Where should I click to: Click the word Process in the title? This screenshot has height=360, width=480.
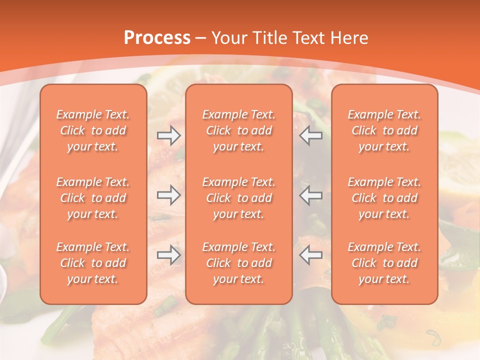pyautogui.click(x=157, y=38)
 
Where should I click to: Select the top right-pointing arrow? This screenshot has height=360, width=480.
pyautogui.click(x=169, y=135)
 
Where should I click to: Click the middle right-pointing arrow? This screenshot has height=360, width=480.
pyautogui.click(x=169, y=195)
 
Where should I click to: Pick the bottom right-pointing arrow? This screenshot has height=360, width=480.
pyautogui.click(x=169, y=255)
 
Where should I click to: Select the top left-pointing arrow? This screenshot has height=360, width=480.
pyautogui.click(x=310, y=135)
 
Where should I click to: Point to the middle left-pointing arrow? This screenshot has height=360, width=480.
pyautogui.click(x=310, y=195)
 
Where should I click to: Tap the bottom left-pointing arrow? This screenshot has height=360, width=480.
pyautogui.click(x=310, y=255)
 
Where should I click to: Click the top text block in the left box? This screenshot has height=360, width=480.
pyautogui.click(x=93, y=130)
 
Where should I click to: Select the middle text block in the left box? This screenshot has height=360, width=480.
pyautogui.click(x=93, y=198)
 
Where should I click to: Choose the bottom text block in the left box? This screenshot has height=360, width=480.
pyautogui.click(x=93, y=263)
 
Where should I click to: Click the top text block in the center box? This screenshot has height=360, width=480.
pyautogui.click(x=239, y=130)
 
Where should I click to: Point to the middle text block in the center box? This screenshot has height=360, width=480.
pyautogui.click(x=239, y=198)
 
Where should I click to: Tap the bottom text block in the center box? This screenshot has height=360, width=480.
pyautogui.click(x=239, y=263)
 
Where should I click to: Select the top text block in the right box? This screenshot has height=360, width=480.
pyautogui.click(x=384, y=130)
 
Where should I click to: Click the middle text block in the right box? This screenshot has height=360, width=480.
pyautogui.click(x=384, y=198)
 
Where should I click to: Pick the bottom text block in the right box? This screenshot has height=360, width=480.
pyautogui.click(x=384, y=263)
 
